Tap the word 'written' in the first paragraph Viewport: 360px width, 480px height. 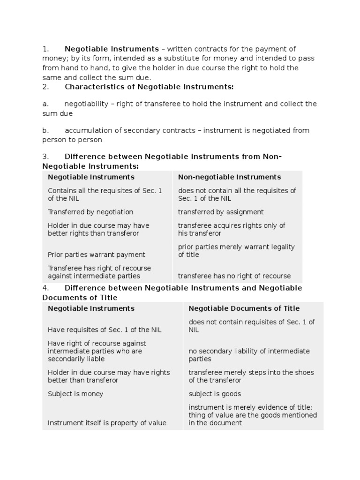[180, 49]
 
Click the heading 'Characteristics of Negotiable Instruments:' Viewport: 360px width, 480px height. [149, 87]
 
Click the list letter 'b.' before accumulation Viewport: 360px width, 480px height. [45, 130]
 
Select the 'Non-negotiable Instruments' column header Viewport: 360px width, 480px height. [229, 177]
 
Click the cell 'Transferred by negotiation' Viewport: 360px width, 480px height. [90, 212]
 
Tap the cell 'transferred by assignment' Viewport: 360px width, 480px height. [221, 212]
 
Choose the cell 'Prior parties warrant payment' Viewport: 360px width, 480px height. [97, 255]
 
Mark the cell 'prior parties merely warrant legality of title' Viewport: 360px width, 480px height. [236, 251]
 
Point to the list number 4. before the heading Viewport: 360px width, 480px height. [45, 288]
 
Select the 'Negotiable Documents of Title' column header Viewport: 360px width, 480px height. [244, 308]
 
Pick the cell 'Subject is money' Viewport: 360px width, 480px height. [75, 394]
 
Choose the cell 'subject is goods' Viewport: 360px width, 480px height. [215, 394]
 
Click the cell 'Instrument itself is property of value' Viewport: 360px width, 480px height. [107, 423]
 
